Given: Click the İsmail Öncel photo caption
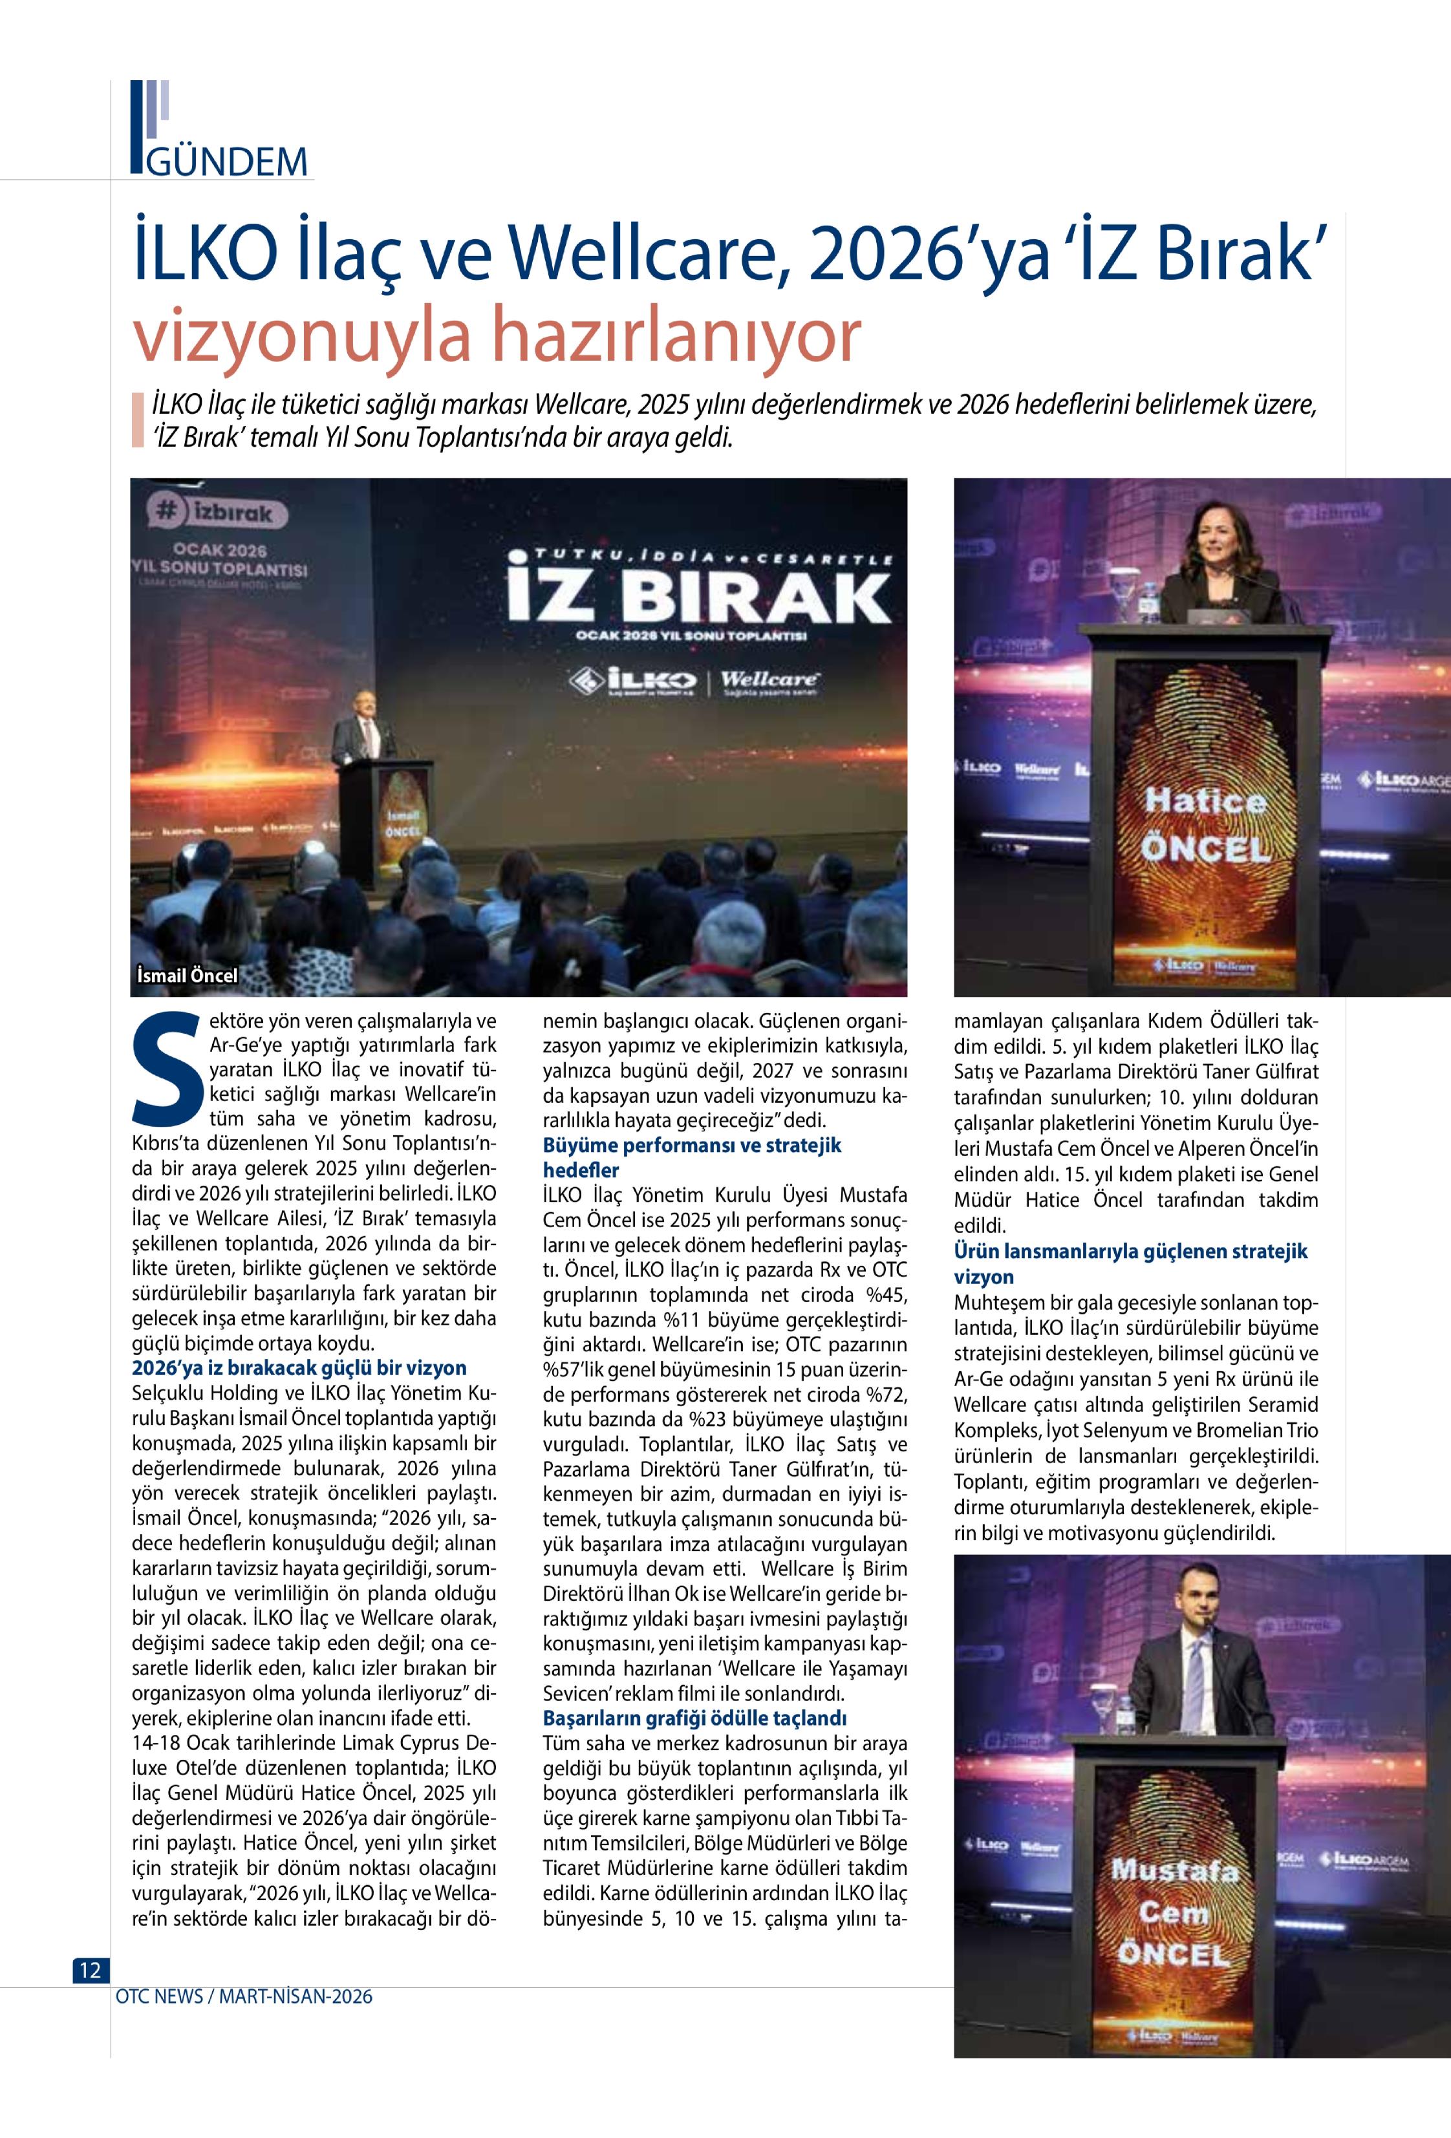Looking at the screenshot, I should pos(187,975).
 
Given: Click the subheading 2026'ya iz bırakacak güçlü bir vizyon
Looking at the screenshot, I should pos(299,1368).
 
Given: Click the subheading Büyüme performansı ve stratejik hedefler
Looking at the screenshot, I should pos(692,1157).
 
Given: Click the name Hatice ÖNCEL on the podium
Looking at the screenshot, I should pos(1205,824).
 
